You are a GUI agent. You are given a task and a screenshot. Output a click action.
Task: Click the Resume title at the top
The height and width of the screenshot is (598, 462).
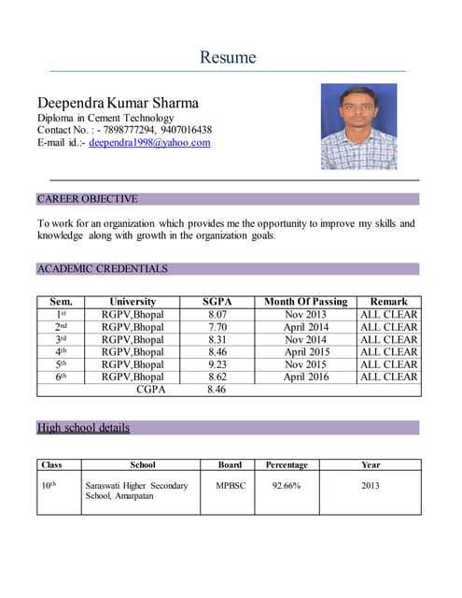228,57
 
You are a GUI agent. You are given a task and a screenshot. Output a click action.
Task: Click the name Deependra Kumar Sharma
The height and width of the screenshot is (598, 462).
118,102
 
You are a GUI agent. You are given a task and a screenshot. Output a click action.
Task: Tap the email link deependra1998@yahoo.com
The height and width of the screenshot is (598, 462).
149,143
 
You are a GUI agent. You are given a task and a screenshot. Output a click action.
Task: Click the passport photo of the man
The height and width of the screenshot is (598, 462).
358,127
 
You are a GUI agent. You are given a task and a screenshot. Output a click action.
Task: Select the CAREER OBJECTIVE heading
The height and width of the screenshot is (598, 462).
87,199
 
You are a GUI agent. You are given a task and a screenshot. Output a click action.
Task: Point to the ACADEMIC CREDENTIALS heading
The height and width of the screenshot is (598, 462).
102,269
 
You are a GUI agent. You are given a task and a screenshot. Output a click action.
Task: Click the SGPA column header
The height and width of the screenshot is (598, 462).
217,302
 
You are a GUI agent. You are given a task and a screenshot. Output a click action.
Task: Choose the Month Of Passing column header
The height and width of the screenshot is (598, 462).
305,302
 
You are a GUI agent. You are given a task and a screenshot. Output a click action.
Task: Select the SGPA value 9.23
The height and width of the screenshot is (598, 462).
217,364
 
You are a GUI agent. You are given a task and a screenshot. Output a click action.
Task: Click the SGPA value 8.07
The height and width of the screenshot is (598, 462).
217,315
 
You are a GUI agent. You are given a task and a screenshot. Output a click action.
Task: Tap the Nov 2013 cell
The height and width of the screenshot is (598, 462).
305,315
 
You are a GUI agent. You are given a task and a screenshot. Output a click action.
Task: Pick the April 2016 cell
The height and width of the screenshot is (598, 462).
305,377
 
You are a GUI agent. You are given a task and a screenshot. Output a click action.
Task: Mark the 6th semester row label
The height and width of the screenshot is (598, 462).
61,377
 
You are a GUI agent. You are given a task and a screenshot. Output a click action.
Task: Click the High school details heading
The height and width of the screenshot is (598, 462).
83,428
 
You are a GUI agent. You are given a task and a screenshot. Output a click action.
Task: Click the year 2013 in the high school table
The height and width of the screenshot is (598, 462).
371,486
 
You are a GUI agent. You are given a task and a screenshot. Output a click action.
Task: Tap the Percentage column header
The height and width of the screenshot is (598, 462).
286,464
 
